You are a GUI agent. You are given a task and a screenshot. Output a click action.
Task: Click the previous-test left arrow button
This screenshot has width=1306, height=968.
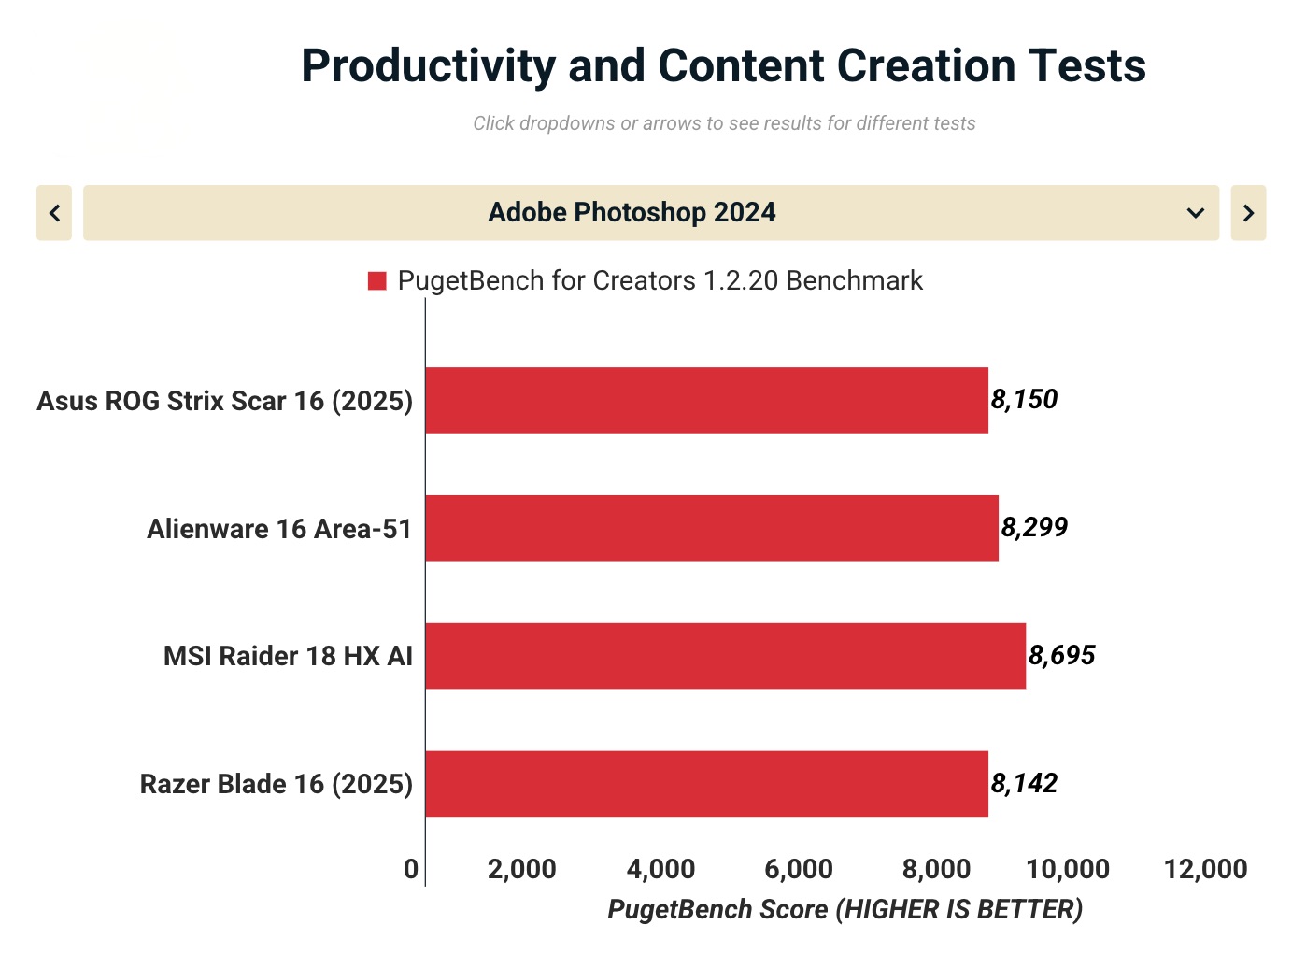point(54,213)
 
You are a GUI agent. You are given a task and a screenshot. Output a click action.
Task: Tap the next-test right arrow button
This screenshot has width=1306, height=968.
point(1248,213)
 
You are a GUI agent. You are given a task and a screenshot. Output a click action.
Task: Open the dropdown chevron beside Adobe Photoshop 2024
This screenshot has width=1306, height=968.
point(1195,213)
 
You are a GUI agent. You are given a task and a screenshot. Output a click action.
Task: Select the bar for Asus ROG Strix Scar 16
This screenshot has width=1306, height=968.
point(706,400)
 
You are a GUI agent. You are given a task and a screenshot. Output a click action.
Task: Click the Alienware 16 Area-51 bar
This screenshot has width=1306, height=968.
point(712,528)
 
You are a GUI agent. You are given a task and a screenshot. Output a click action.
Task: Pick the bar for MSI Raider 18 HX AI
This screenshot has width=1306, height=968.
point(725,656)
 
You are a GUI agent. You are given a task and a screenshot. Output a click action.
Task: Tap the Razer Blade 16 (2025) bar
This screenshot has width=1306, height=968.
point(706,784)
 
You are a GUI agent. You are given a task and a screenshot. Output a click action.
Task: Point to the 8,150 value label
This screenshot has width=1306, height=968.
point(1024,400)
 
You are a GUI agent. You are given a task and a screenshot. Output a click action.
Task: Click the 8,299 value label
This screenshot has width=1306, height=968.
point(1034,528)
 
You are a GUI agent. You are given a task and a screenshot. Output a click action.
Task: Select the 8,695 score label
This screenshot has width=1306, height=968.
point(1061,656)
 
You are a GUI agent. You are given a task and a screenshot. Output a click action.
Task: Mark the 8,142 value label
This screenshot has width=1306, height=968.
point(1024,784)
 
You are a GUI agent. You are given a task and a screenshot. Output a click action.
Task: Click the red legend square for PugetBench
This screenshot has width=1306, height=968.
point(377,281)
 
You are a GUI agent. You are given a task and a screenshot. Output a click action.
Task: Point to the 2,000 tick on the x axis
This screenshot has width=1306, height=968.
point(522,869)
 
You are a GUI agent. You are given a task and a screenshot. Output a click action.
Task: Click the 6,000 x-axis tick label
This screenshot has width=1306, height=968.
point(799,869)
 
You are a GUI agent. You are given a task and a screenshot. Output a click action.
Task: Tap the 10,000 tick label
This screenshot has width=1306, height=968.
point(1068,869)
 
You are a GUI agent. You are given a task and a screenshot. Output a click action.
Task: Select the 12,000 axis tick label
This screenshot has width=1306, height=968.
point(1206,869)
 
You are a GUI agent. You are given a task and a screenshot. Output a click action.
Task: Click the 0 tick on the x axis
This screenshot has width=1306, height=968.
point(411,869)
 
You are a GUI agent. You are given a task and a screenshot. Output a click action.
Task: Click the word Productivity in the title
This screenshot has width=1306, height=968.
point(429,66)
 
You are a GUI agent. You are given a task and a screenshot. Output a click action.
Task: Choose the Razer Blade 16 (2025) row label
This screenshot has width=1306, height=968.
point(277,784)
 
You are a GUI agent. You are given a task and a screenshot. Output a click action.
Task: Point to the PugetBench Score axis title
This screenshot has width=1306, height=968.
point(845,909)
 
